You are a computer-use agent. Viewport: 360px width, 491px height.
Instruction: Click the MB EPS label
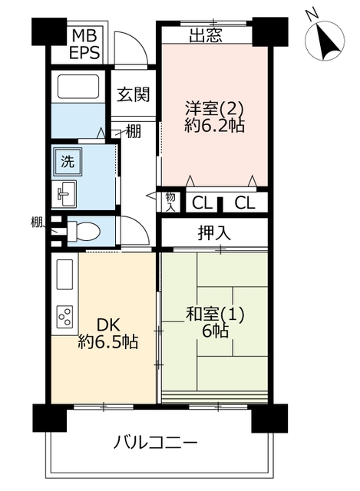84,44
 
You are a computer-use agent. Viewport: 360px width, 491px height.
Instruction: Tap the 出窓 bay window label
206,36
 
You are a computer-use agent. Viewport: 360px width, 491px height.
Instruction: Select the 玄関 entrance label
134,94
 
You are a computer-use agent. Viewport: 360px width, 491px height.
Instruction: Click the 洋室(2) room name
214,109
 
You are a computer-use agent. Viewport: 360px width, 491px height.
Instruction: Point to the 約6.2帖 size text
215,126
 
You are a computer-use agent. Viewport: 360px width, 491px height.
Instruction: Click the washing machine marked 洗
68,162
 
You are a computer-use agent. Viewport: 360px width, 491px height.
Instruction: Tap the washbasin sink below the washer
64,194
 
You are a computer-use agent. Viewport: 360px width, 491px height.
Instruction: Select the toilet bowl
84,232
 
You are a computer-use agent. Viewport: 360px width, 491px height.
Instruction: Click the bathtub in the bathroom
78,87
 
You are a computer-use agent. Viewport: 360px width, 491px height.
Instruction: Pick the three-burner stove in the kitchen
64,317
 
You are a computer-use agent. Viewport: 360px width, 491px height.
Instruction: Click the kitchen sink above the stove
64,275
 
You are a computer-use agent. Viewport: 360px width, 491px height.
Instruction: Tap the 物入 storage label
170,202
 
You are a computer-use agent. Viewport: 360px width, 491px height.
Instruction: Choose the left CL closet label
202,203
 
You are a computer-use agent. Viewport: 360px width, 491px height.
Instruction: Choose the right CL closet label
245,203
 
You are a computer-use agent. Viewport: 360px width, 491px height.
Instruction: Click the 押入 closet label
214,233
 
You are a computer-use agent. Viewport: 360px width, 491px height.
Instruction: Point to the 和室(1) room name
215,315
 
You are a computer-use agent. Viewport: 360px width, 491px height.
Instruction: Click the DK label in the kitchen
108,325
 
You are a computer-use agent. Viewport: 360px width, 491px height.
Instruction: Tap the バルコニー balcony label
155,443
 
